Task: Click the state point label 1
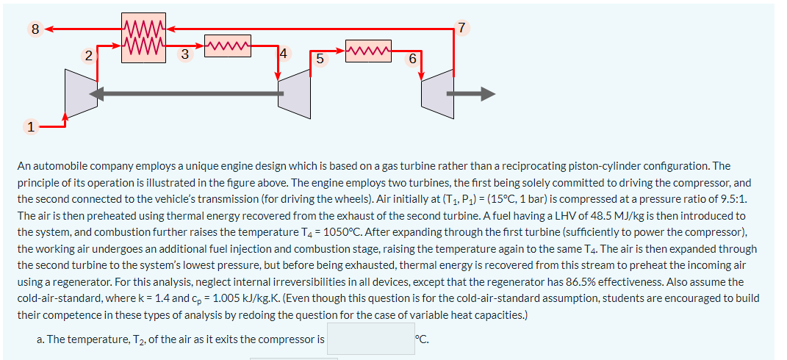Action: click(x=30, y=127)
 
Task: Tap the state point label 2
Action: click(x=88, y=55)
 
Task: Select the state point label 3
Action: click(x=184, y=53)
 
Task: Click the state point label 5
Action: click(x=319, y=59)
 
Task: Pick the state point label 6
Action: click(x=412, y=59)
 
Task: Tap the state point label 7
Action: click(x=461, y=29)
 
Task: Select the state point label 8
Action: click(x=35, y=30)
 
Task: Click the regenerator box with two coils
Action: click(x=143, y=37)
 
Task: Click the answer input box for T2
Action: click(x=370, y=339)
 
